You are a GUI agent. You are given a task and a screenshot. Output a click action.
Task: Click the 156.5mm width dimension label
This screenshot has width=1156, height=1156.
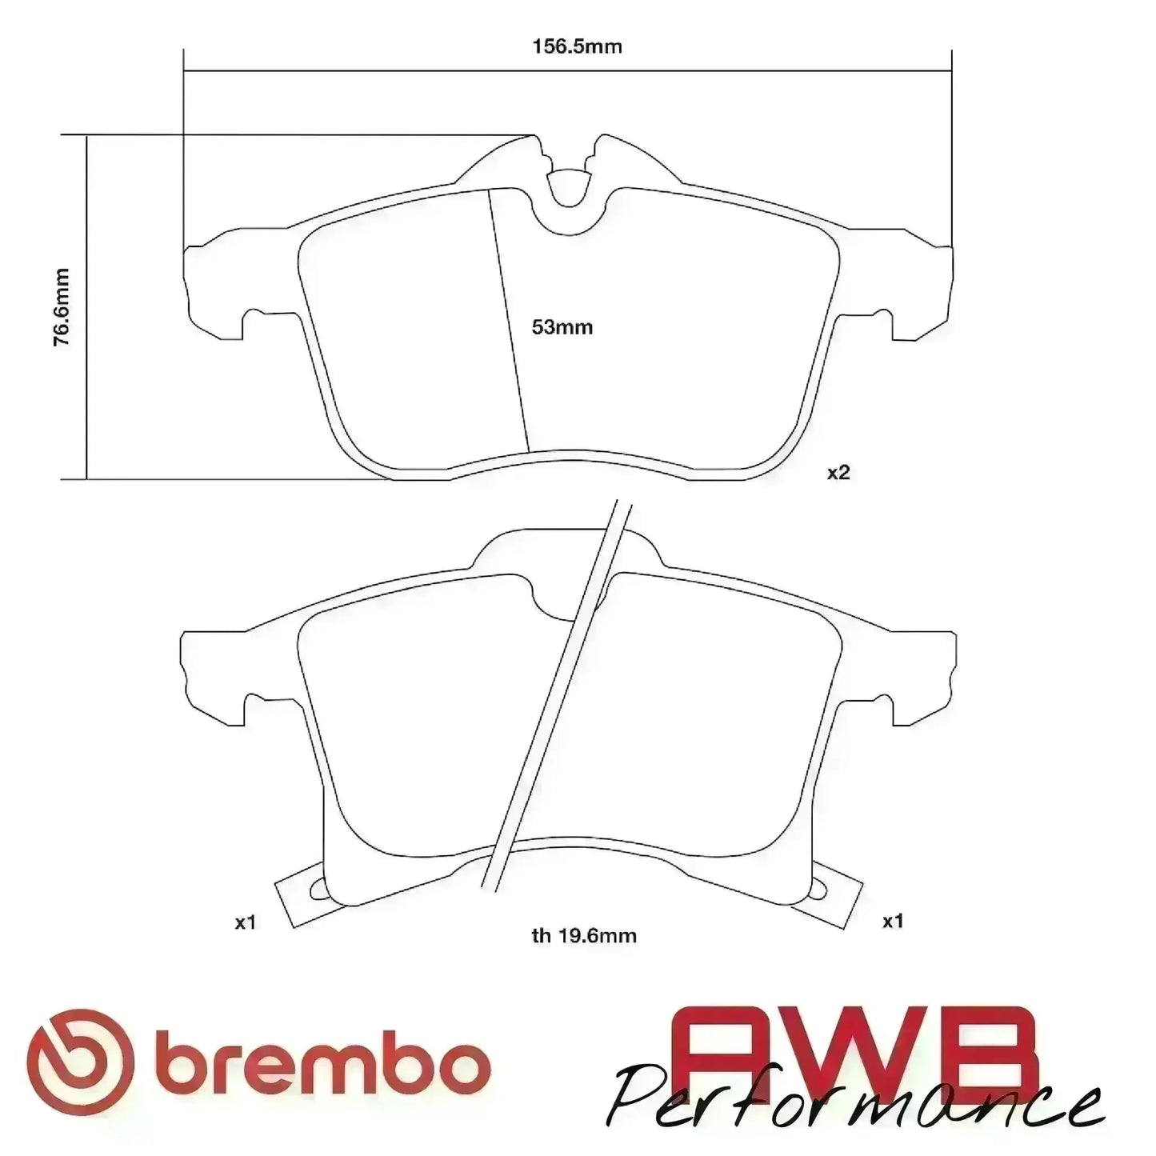point(577,46)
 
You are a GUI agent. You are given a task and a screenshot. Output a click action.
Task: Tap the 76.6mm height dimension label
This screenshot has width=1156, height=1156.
point(62,307)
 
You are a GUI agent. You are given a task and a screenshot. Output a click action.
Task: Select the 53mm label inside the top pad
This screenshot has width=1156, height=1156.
point(562,327)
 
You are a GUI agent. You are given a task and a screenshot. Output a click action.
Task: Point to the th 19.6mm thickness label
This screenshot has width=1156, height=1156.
point(584,935)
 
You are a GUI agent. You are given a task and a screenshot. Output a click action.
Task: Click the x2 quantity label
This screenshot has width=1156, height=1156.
point(838,473)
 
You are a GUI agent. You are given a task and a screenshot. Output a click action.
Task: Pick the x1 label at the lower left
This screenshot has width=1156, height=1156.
point(245,922)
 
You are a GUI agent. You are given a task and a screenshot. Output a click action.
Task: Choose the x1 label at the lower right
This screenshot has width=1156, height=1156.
point(893,921)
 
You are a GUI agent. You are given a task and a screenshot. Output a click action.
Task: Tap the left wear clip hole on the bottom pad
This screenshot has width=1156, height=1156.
point(318,888)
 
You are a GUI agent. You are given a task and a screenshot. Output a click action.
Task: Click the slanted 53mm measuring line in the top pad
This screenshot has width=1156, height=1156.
point(509,320)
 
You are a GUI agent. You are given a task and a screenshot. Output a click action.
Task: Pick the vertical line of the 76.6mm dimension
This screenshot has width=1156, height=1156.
point(86,307)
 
